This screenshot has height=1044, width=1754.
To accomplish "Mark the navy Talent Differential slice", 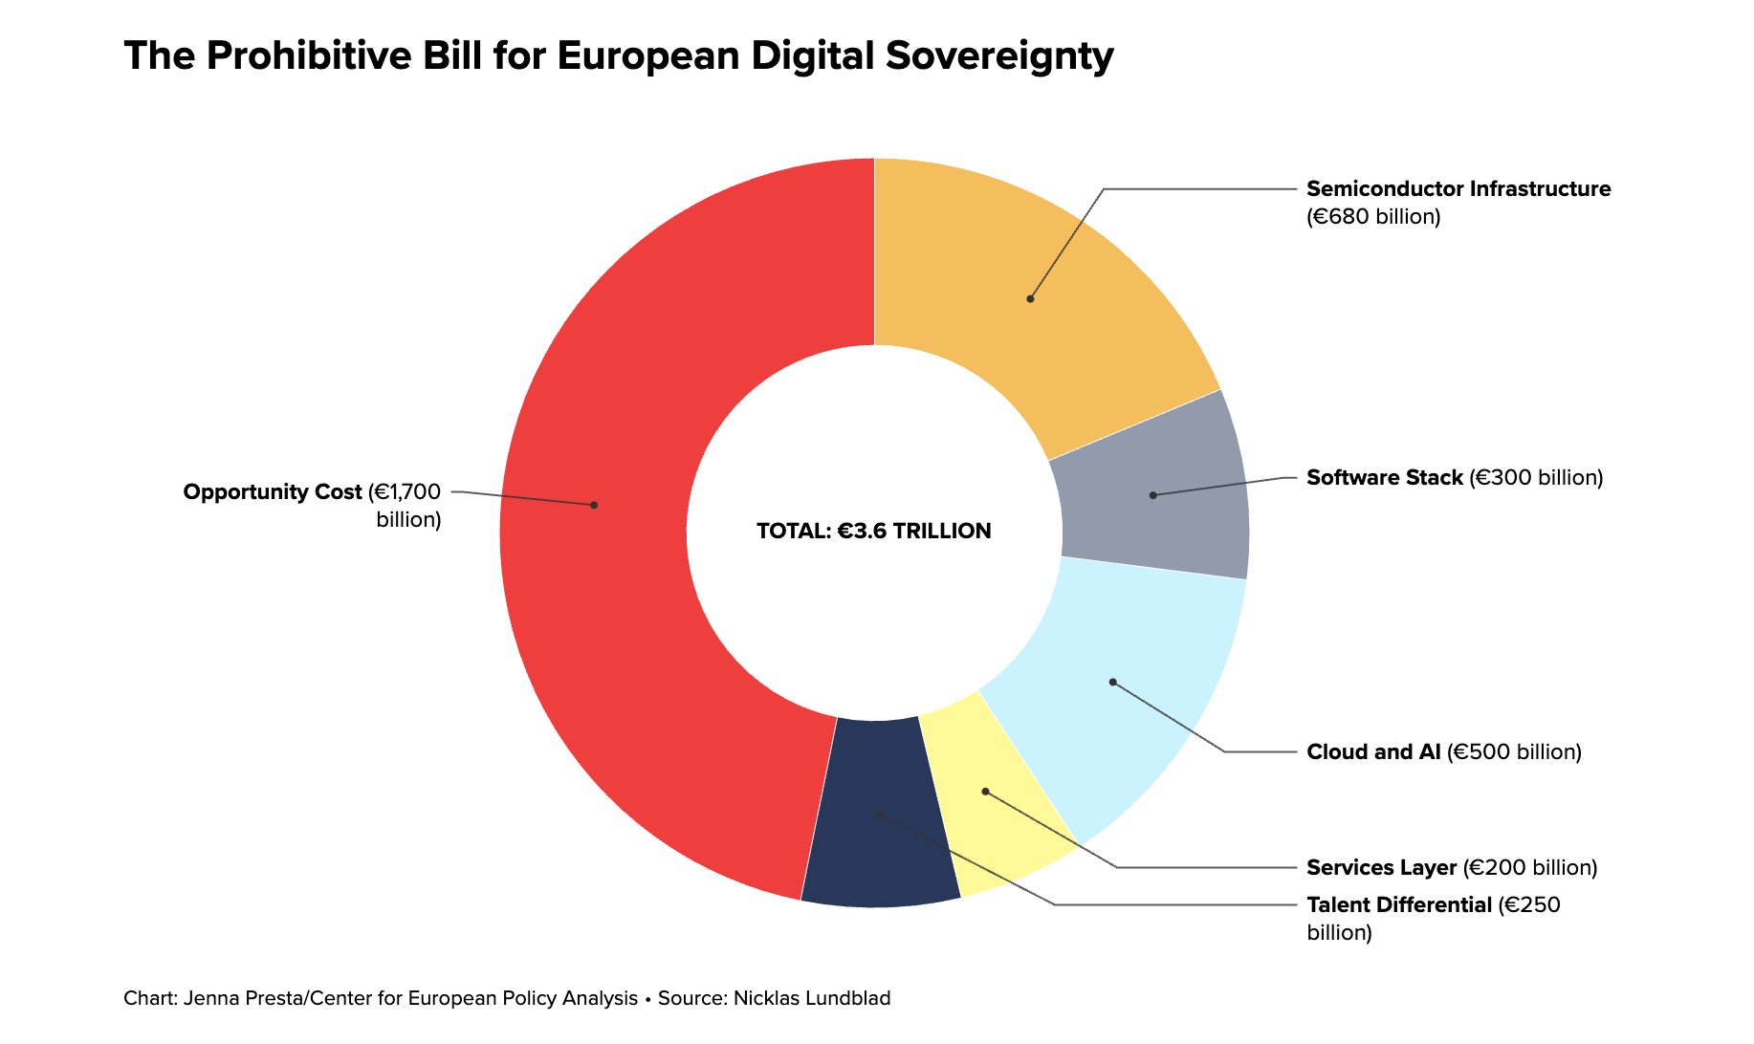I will coord(880,851).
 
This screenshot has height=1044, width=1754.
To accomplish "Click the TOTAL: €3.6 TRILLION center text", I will coord(873,532).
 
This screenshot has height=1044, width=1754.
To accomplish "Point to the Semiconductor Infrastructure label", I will coord(1458,189).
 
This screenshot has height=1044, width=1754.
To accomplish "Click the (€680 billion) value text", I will coord(1372,217).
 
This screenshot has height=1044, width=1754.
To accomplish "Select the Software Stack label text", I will coord(1384,477).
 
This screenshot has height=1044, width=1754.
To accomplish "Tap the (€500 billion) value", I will coord(1514,752).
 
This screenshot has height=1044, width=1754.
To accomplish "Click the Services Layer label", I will coord(1381,868).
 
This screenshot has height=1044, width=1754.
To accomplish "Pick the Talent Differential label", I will coord(1398,904).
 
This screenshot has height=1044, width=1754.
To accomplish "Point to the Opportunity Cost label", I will coord(273,492).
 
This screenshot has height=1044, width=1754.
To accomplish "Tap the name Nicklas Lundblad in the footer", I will coord(812,999).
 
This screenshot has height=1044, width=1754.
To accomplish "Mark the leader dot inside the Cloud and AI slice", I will coord(1112,682).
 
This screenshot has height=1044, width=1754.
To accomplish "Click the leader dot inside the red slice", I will coord(594,505).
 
